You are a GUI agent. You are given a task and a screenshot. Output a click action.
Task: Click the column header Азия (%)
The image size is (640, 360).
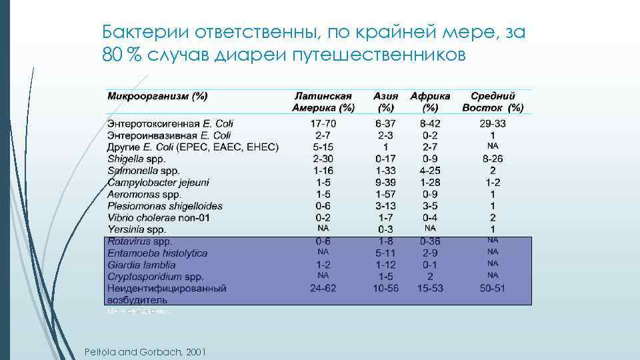(385, 101)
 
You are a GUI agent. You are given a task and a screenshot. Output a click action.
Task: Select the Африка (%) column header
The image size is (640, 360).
(430, 101)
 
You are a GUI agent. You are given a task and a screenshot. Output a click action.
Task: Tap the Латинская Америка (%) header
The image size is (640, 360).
(323, 101)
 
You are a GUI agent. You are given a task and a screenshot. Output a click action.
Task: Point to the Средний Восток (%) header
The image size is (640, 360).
(493, 101)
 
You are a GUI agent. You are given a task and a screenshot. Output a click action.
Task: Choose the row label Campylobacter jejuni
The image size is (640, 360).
(158, 182)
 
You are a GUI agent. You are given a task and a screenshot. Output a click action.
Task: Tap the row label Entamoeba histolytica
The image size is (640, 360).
(157, 253)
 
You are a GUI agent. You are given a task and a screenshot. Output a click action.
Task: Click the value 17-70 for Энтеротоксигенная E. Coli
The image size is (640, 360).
(323, 123)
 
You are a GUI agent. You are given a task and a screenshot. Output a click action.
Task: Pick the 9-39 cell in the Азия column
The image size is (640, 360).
(385, 182)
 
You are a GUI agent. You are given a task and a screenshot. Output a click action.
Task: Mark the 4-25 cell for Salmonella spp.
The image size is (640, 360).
(430, 171)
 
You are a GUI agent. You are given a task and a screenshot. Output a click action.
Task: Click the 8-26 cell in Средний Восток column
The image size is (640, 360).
(493, 159)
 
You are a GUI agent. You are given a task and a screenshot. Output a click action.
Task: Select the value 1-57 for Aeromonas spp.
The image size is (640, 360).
(385, 194)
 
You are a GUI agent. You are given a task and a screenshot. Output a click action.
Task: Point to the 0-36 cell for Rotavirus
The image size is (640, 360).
(430, 241)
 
